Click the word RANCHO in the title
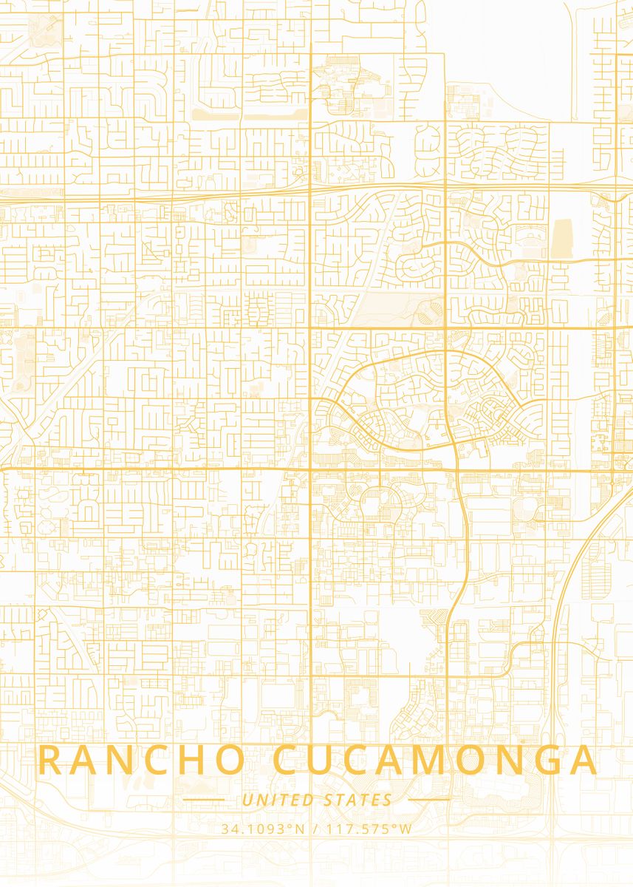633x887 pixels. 140,761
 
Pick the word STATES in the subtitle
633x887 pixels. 358,800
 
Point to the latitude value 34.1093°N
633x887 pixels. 263,829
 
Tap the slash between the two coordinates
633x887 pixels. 315,829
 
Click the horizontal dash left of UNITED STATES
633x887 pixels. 203,800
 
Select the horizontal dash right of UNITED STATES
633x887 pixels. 429,800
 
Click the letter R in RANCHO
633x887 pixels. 51,761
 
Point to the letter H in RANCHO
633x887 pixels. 190,761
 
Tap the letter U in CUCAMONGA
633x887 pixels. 326,761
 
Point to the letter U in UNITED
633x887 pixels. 247,800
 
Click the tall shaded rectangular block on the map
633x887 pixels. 561,238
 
